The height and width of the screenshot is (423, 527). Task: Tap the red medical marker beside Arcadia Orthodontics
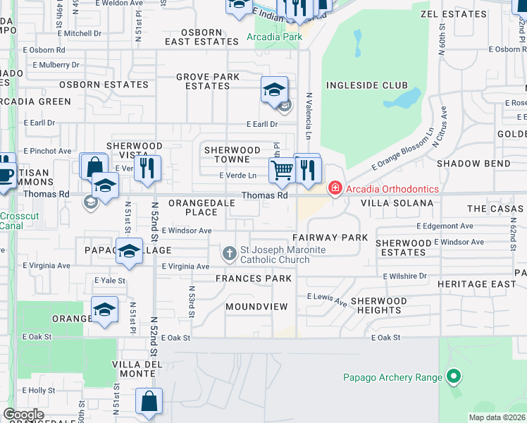334,189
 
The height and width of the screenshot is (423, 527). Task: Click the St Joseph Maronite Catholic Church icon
230,253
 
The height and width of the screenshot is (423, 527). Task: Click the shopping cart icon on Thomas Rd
282,169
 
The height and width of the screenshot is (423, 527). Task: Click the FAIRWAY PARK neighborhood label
330,238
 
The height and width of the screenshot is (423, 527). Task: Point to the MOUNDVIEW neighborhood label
257,307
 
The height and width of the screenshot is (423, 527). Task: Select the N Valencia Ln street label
309,115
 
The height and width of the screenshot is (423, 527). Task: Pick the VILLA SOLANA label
397,203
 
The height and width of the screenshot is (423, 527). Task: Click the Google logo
24,415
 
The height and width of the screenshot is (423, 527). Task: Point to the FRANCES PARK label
254,278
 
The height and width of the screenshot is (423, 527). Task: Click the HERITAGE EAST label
486,283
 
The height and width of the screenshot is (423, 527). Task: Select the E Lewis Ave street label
327,300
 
